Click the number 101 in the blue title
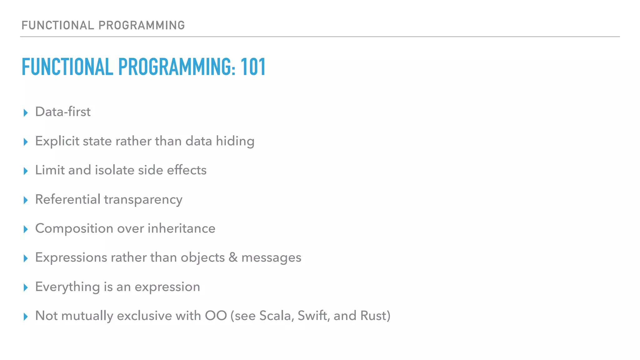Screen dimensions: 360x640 (x=253, y=67)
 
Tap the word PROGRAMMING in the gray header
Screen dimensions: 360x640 (x=142, y=25)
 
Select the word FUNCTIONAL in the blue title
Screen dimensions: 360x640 (x=67, y=67)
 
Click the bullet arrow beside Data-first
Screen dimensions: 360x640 (x=26, y=112)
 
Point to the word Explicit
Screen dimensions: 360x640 (x=57, y=141)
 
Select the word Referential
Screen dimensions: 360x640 (x=67, y=199)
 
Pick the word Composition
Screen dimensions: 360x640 (x=74, y=228)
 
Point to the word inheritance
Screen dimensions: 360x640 (x=181, y=228)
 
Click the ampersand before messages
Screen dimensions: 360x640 (x=233, y=257)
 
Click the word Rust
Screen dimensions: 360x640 (x=374, y=316)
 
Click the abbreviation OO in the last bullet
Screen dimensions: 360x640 (x=216, y=316)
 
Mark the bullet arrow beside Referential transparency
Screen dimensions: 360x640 (x=26, y=200)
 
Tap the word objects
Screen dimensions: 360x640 (x=202, y=258)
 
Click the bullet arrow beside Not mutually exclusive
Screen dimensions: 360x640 (x=26, y=317)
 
